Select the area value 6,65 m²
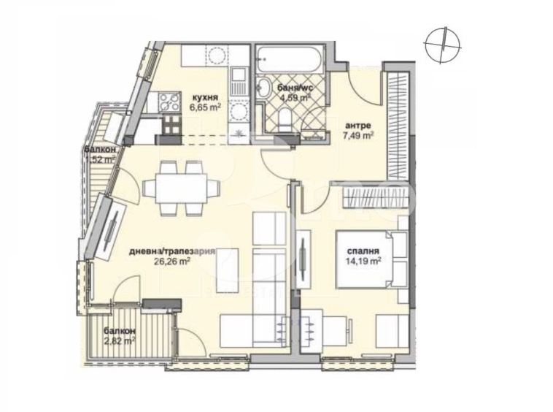point(205,107)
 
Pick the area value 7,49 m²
point(359,134)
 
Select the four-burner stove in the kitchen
point(170,101)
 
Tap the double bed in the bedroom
point(372,259)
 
